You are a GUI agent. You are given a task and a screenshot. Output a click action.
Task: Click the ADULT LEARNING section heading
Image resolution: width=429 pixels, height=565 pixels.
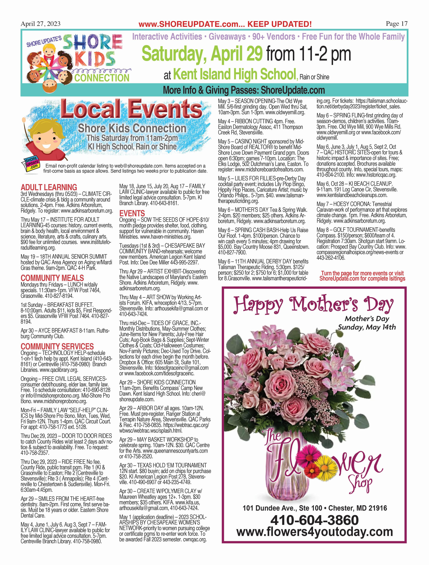[x=49, y=187]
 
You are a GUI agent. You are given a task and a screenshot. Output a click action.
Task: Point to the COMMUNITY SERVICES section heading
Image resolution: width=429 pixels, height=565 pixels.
[x=57, y=347]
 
